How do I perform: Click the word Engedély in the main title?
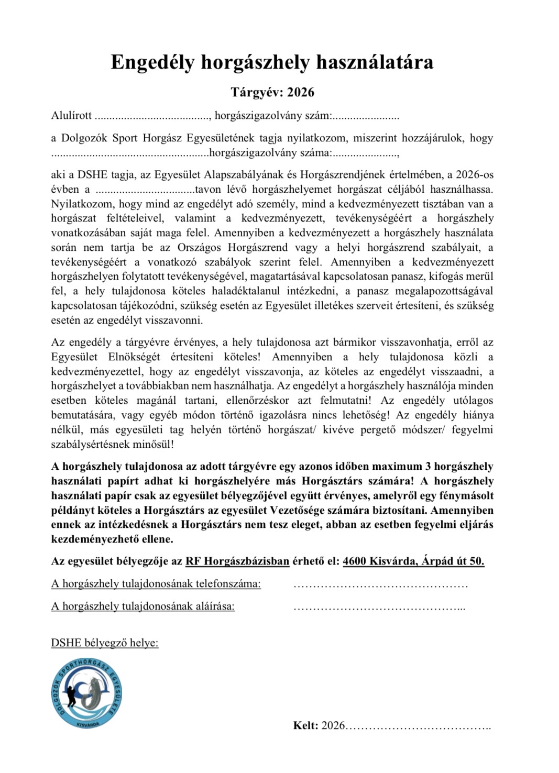(x=152, y=63)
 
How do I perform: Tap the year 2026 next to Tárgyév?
(x=301, y=92)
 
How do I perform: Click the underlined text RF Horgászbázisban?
(x=237, y=561)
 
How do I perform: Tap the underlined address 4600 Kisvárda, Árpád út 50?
(x=413, y=561)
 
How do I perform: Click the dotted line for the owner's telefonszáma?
(x=380, y=584)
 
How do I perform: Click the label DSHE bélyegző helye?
(x=105, y=643)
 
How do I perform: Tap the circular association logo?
(x=87, y=692)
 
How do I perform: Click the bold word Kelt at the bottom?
(x=305, y=725)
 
